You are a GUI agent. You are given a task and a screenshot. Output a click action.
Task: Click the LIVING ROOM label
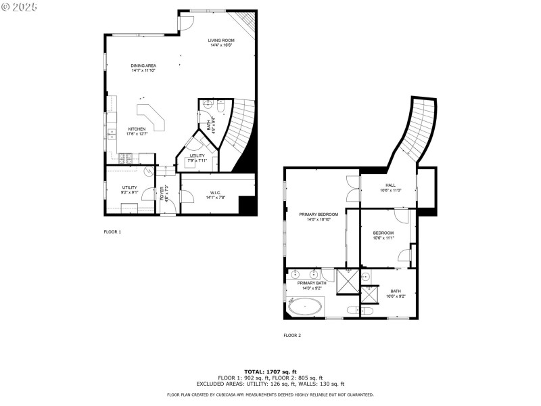click(x=220, y=41)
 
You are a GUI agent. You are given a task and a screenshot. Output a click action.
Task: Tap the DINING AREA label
click(x=143, y=66)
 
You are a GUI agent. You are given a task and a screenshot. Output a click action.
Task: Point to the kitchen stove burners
click(x=127, y=159)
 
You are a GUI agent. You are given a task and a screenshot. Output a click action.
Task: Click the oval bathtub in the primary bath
click(x=306, y=307)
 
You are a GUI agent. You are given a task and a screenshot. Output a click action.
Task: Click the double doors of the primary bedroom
click(x=352, y=189)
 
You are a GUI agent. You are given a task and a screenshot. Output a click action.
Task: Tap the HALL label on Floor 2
click(x=391, y=185)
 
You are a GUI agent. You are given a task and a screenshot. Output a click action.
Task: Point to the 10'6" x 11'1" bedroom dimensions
click(x=383, y=238)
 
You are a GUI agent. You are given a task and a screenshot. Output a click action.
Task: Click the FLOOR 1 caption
click(x=112, y=231)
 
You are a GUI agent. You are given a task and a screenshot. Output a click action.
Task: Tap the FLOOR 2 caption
click(x=292, y=335)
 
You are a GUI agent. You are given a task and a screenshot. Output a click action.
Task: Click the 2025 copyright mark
click(x=20, y=6)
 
